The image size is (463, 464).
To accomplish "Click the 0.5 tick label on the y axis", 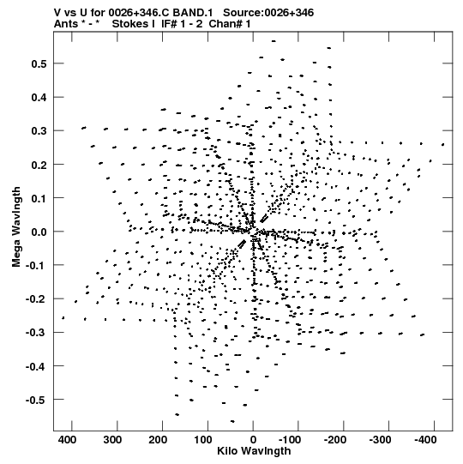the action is pyautogui.click(x=39, y=64).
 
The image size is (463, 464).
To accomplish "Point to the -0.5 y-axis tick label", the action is pyautogui.click(x=36, y=400).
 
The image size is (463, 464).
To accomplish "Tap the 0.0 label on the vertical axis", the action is pyautogui.click(x=39, y=232).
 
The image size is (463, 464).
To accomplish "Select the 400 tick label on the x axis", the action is pyautogui.click(x=67, y=440).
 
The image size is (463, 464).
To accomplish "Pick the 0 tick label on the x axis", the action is pyautogui.click(x=253, y=440).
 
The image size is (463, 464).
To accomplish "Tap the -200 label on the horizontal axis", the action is pyautogui.click(x=335, y=440).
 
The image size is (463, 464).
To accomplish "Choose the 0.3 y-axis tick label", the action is pyautogui.click(x=39, y=131).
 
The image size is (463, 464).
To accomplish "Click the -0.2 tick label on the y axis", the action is pyautogui.click(x=36, y=299).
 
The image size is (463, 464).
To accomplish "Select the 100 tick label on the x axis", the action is pyautogui.click(x=203, y=440).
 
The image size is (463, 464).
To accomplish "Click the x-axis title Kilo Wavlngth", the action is pyautogui.click(x=254, y=451).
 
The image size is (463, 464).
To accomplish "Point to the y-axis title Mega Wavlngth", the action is pyautogui.click(x=16, y=227).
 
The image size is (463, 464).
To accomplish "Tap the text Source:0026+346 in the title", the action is pyautogui.click(x=268, y=13).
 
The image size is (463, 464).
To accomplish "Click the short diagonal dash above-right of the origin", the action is pyautogui.click(x=264, y=219).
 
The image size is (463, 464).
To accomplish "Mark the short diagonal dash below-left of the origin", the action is pyautogui.click(x=242, y=244).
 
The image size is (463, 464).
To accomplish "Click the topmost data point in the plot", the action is pyautogui.click(x=274, y=41).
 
